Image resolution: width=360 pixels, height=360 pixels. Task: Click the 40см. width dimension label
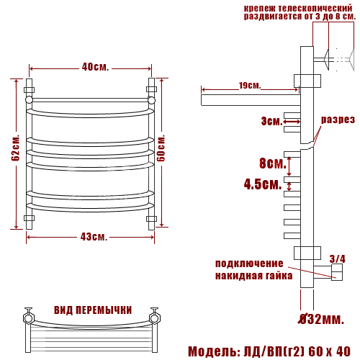click(x=95, y=67)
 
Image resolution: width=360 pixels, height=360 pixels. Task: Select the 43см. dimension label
click(x=94, y=237)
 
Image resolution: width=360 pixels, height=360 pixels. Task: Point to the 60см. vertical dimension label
click(x=161, y=148)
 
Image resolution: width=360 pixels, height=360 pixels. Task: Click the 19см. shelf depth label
click(x=250, y=85)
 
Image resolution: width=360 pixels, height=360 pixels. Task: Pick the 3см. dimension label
click(x=272, y=121)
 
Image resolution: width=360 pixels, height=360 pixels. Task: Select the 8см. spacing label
click(x=273, y=163)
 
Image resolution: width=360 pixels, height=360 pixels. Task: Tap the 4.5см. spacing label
click(x=263, y=184)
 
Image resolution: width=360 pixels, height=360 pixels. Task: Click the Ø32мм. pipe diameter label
click(x=321, y=319)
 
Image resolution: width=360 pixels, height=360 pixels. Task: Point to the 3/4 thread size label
click(x=337, y=259)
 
